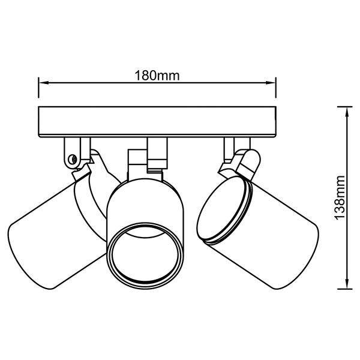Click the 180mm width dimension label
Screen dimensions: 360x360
157,76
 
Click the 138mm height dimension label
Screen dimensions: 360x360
340,198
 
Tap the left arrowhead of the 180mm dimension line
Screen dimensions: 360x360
44,83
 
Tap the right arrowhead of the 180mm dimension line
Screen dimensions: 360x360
271,83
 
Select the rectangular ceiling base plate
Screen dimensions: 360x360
157,122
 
